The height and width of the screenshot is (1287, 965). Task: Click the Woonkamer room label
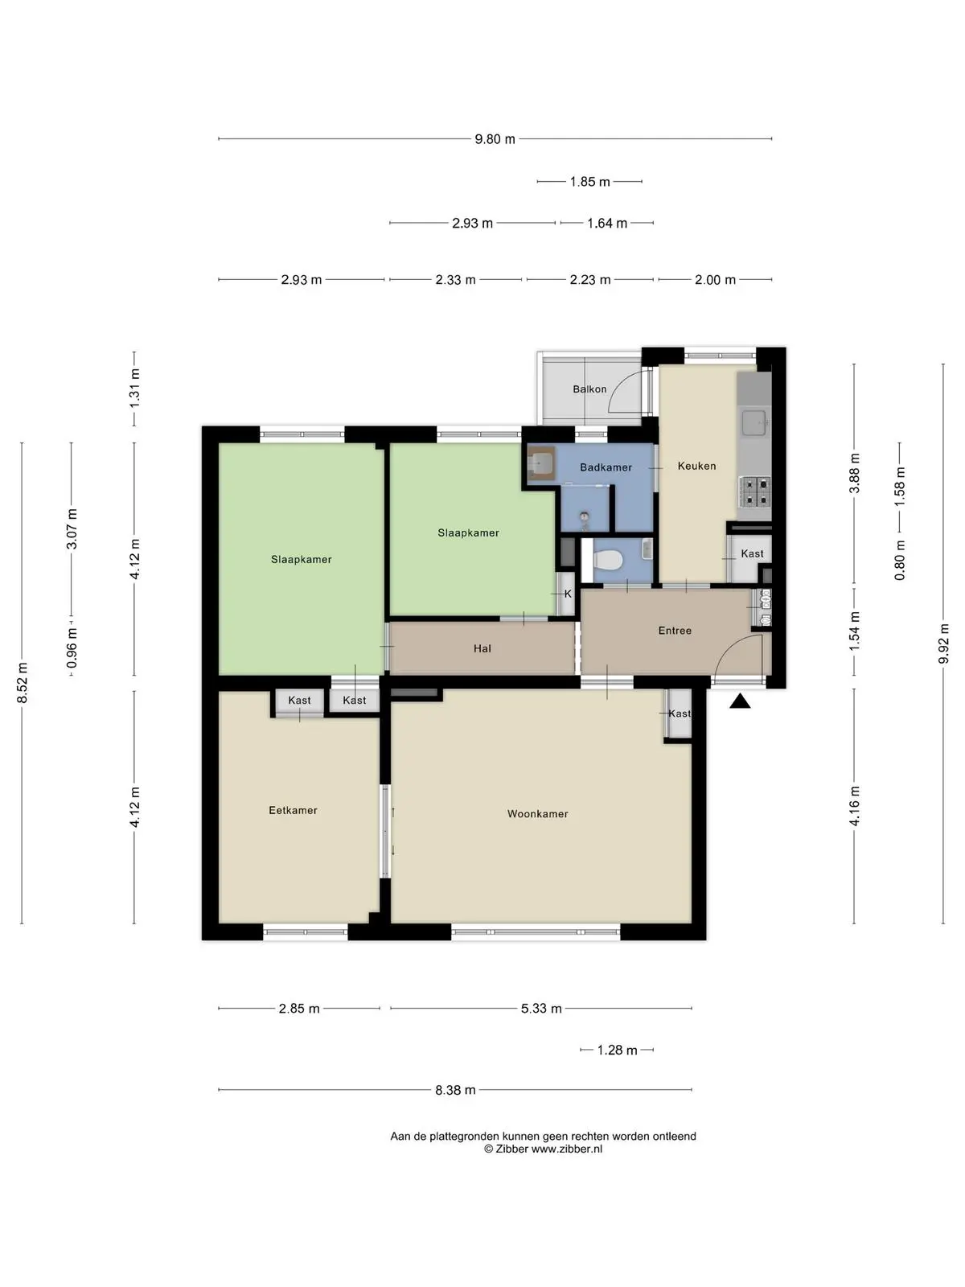[537, 813]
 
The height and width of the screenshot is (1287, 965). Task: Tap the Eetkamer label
[293, 810]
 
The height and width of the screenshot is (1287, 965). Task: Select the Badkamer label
[606, 467]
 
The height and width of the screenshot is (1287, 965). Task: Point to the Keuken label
[696, 466]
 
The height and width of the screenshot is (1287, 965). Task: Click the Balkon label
[589, 389]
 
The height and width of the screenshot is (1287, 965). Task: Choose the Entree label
[675, 631]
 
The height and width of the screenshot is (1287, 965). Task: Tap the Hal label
[482, 648]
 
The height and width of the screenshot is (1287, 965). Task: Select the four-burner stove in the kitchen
[755, 492]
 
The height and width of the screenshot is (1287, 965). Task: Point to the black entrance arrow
[740, 701]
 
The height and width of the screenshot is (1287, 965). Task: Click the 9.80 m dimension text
[495, 139]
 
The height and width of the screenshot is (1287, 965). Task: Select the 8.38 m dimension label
[455, 1090]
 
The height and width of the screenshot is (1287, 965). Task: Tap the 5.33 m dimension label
[541, 1009]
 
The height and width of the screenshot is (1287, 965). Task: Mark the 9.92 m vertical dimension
[943, 643]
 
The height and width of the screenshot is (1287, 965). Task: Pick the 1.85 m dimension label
[590, 182]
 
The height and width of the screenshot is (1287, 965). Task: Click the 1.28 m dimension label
[617, 1051]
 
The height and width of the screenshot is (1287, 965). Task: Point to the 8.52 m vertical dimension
[23, 683]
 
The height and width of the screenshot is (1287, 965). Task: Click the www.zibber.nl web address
[567, 1149]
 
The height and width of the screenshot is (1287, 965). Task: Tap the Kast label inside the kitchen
[753, 553]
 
